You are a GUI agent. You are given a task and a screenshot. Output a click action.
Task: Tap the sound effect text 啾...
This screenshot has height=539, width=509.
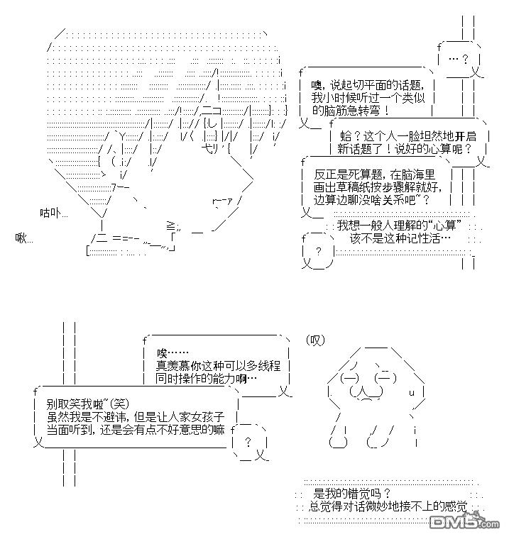click(x=24, y=238)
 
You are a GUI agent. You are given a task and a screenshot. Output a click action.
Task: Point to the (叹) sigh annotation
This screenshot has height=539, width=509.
click(x=314, y=340)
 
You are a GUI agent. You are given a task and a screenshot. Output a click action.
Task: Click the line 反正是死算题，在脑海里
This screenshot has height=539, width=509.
click(x=373, y=174)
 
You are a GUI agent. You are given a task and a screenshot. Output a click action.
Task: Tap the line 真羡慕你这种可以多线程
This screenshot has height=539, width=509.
click(x=218, y=366)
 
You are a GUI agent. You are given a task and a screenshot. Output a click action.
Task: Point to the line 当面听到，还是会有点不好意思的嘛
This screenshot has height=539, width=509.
click(x=135, y=430)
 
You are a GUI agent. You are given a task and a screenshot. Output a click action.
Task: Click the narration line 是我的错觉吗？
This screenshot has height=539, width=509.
click(x=352, y=493)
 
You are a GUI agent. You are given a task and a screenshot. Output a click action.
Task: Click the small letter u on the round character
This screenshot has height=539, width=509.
click(x=411, y=392)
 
